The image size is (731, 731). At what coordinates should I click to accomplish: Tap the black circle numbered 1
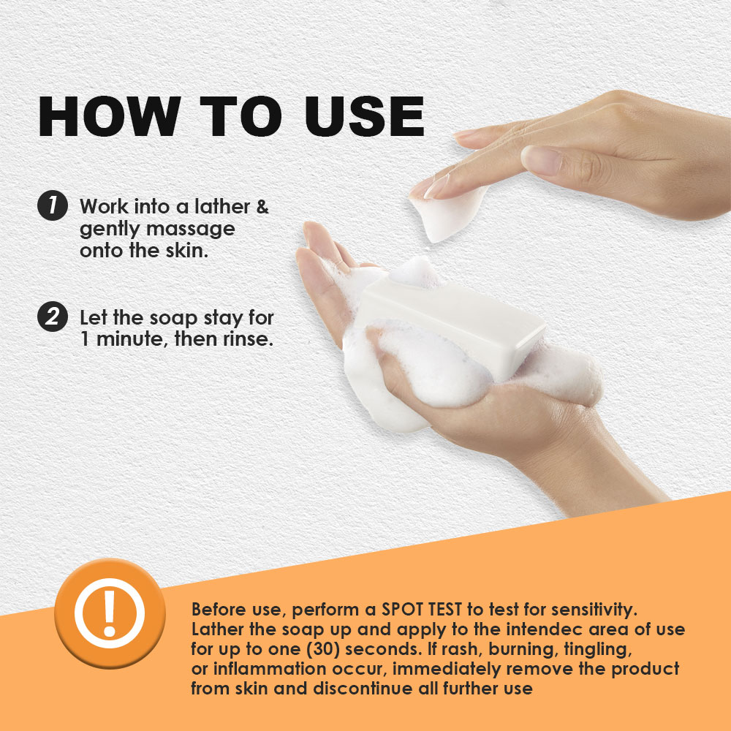(x=52, y=206)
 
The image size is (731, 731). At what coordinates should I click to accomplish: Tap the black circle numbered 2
(x=52, y=319)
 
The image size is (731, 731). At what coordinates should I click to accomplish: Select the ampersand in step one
(x=262, y=207)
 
